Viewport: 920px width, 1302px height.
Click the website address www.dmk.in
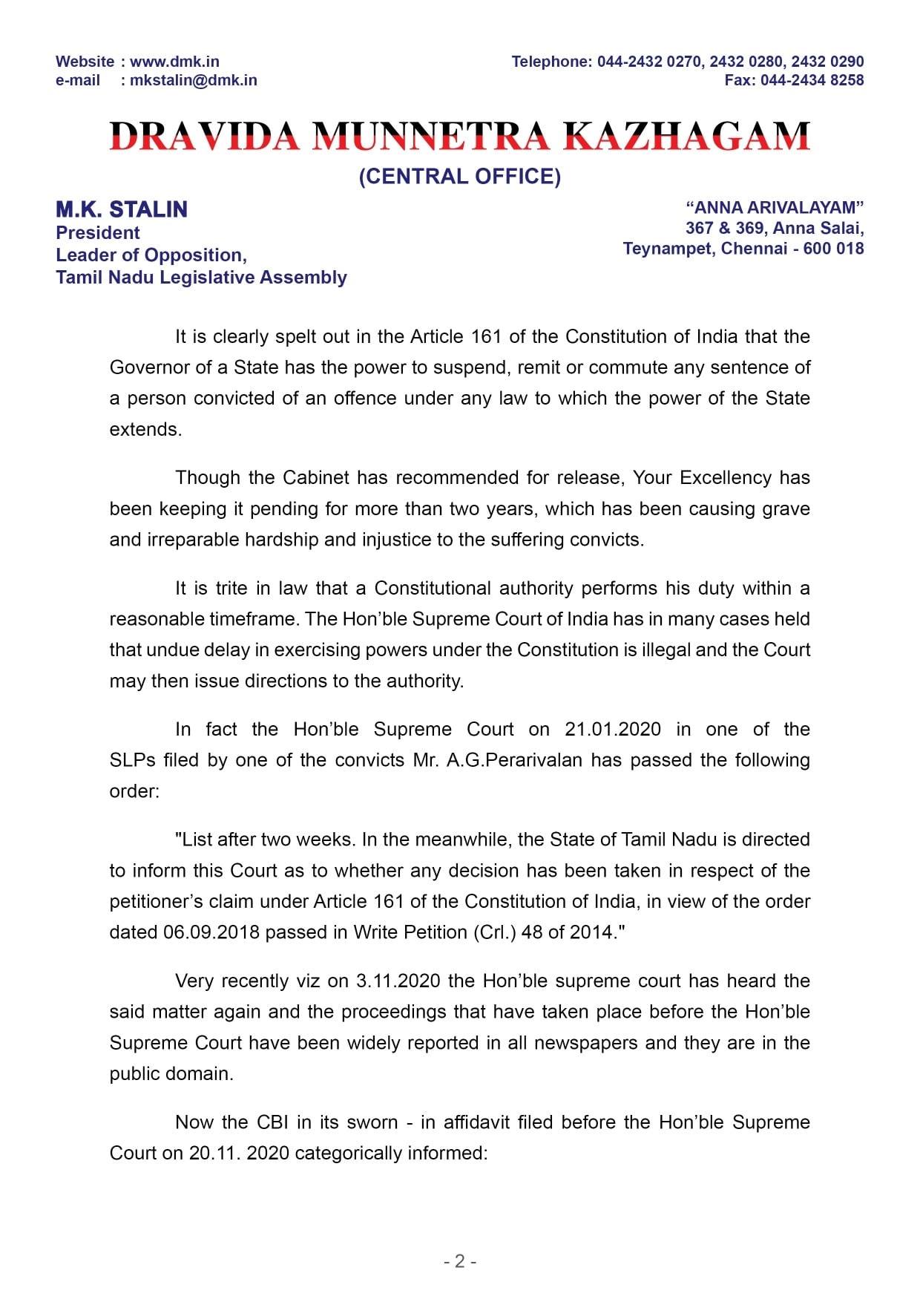[x=174, y=62]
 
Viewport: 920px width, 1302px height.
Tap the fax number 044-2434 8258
[x=812, y=80]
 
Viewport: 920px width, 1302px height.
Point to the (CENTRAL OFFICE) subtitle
[x=460, y=177]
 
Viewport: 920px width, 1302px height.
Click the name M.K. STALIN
[x=122, y=210]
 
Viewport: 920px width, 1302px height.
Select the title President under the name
[x=98, y=233]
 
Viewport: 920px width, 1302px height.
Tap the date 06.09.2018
[x=211, y=932]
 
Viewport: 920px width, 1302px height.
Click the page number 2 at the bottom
[x=460, y=1261]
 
